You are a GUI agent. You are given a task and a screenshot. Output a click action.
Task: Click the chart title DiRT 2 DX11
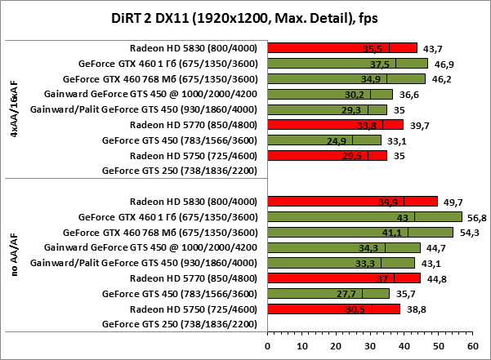tap(244, 19)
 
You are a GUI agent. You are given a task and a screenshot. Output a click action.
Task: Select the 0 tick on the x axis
tap(267, 345)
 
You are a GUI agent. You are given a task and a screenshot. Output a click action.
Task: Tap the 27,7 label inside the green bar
tap(347, 294)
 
